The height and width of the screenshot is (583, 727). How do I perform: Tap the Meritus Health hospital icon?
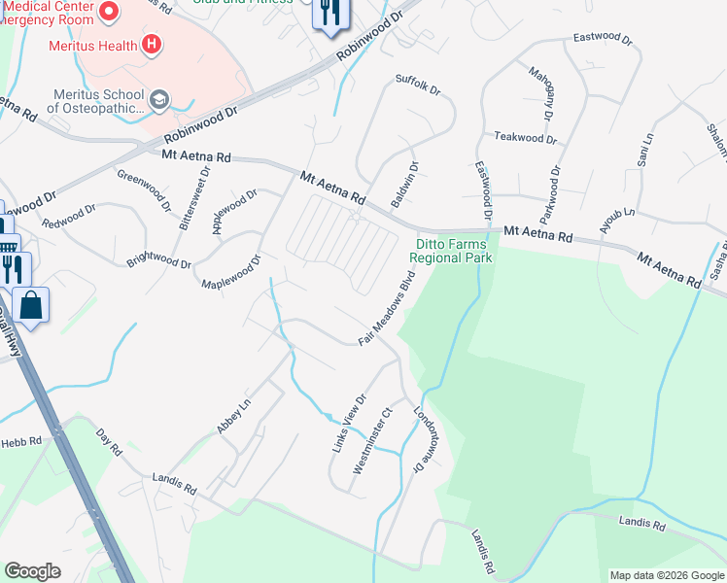click(x=151, y=44)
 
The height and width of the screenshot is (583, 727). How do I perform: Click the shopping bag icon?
click(x=31, y=305)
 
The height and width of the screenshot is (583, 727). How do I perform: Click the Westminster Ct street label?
click(x=372, y=440)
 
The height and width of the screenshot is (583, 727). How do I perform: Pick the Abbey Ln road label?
click(x=233, y=415)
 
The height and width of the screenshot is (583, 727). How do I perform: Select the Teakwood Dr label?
click(x=525, y=138)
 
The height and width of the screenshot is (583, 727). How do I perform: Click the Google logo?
click(x=32, y=571)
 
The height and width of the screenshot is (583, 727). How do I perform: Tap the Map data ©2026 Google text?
click(x=666, y=575)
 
